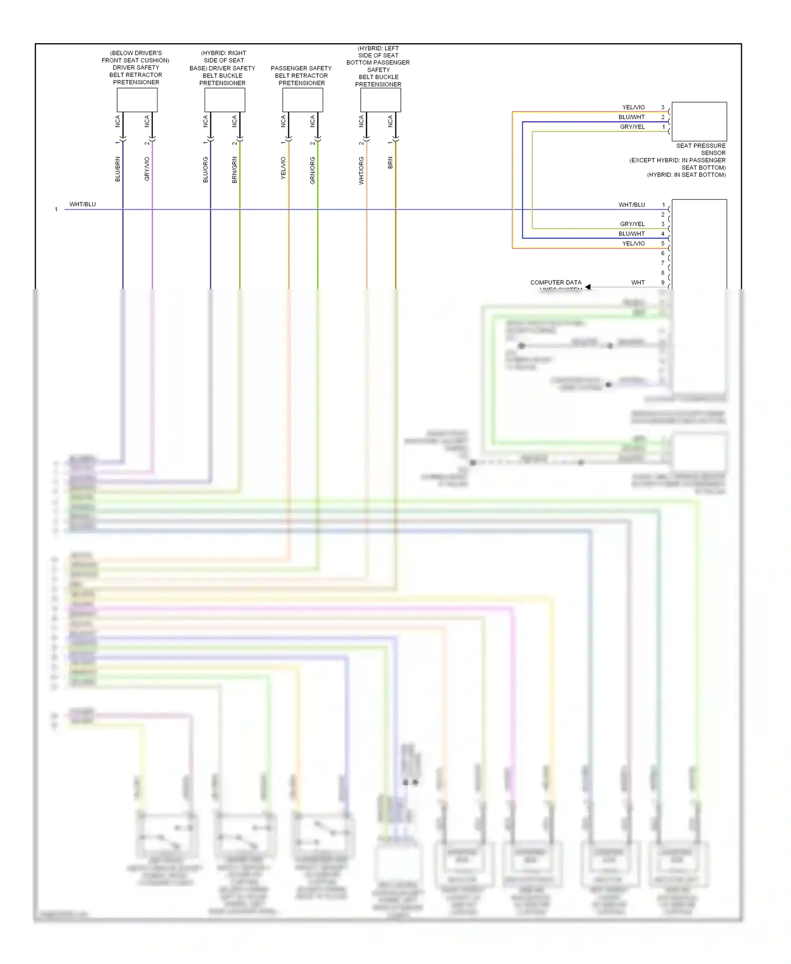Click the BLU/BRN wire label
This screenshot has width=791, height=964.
tap(118, 169)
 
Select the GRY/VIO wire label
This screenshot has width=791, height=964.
tap(147, 169)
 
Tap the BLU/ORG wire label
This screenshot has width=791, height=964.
tap(205, 170)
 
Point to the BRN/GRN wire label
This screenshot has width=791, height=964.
tap(234, 170)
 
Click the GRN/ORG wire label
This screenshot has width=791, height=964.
tap(312, 170)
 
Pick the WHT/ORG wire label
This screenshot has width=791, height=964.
tap(361, 170)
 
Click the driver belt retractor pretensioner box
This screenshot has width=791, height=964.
tap(137, 100)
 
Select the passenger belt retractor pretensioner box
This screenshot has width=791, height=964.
tap(302, 100)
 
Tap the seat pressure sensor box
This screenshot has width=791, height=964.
tap(699, 121)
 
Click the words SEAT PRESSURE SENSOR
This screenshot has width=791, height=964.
tap(701, 149)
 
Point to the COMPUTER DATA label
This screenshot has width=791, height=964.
tap(556, 283)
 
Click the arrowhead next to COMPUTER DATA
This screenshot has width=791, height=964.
tap(588, 287)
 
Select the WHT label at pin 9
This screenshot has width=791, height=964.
tap(638, 283)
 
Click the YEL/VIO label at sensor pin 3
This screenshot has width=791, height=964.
tap(633, 108)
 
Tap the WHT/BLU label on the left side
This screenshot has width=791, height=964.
tap(83, 205)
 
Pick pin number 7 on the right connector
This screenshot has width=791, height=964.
tap(663, 263)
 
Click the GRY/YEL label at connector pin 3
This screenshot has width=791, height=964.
tap(632, 224)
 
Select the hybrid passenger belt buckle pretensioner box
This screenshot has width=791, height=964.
tap(380, 100)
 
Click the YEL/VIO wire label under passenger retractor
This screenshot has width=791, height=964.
tap(283, 168)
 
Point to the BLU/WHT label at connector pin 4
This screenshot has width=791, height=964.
tap(631, 234)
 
